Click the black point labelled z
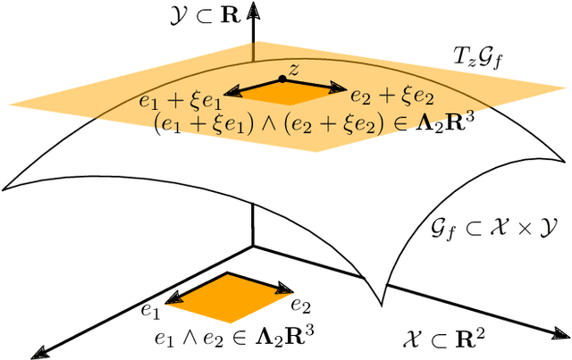point(282,79)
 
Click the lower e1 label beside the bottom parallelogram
point(149,311)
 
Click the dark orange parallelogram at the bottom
point(231,297)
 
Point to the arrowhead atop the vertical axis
point(255,9)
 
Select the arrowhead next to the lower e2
point(287,289)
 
